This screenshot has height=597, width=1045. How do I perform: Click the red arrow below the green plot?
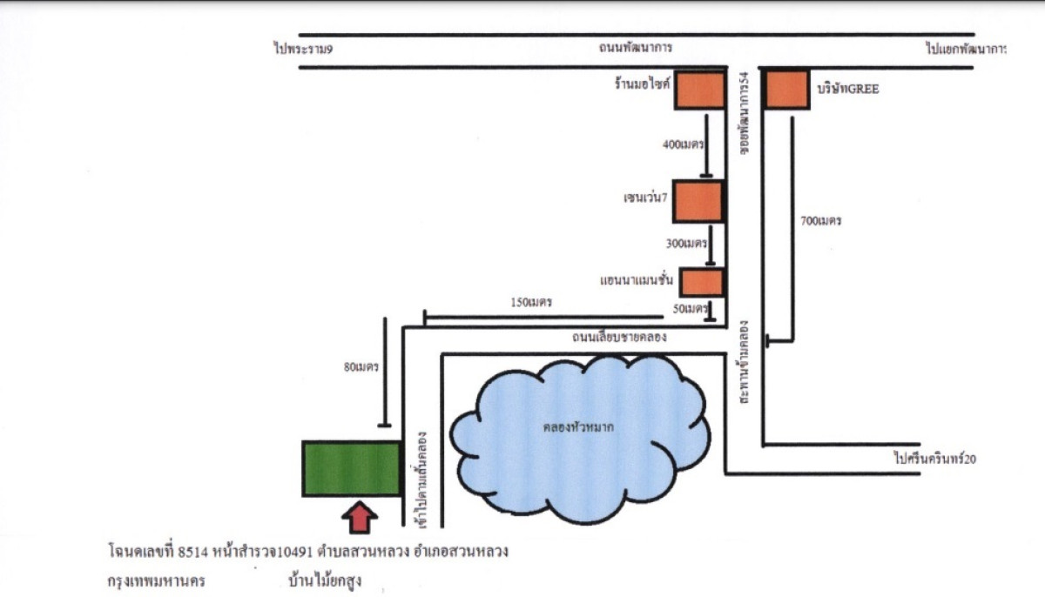pos(359,517)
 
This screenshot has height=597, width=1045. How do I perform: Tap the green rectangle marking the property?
pos(351,468)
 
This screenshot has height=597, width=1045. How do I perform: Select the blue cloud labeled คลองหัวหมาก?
pos(580,439)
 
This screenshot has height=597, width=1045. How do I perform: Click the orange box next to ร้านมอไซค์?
pos(700,91)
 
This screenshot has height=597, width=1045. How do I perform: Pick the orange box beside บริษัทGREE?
pos(786,90)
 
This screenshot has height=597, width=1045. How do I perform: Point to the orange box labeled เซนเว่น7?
pos(698,201)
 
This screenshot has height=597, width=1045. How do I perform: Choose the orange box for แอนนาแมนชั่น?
pos(702,283)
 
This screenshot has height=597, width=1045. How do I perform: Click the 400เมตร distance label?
pos(683,144)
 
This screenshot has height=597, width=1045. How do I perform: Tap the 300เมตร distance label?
pos(686,244)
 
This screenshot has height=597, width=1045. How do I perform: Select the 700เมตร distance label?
pos(820,220)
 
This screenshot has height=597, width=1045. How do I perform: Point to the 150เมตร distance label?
pos(531,303)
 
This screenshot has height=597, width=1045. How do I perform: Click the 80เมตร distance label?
pos(361,367)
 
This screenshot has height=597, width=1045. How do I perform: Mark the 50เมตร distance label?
pos(690,309)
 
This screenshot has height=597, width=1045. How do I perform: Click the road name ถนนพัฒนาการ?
pos(636,48)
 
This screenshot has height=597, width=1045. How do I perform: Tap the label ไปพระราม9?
pos(303,49)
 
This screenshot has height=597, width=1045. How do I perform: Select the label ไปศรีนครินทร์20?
pos(935,459)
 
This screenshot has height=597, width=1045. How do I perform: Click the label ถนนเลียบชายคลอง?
pos(619,337)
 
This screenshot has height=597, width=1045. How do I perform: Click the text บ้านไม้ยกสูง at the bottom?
pos(325,581)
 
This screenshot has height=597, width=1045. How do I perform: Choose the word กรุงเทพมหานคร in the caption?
pos(156,581)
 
